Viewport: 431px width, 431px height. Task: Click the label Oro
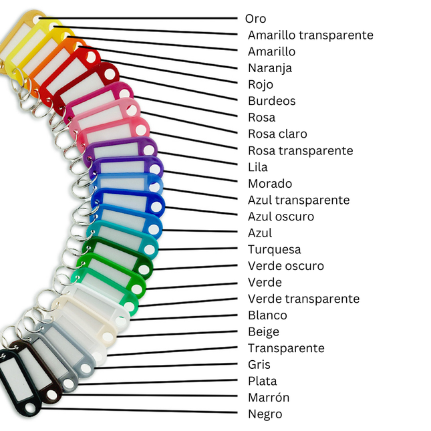pos(255,19)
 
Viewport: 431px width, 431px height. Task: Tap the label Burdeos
pos(271,101)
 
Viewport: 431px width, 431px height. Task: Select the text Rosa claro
pos(277,134)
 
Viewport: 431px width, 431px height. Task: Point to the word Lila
pos(257,167)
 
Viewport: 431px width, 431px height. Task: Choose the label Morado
pos(270,183)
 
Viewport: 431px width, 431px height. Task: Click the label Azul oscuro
pos(281,217)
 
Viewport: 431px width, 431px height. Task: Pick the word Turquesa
pos(275,249)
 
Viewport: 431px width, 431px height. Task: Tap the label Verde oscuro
pos(286,266)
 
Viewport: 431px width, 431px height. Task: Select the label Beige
pos(263,332)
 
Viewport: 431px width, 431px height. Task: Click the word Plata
pos(262,381)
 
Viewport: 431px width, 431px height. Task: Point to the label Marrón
pos(269,398)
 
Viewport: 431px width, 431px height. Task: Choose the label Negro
pos(265,414)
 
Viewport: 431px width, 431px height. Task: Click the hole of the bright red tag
pos(90,57)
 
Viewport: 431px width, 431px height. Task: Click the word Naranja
pos(270,68)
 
